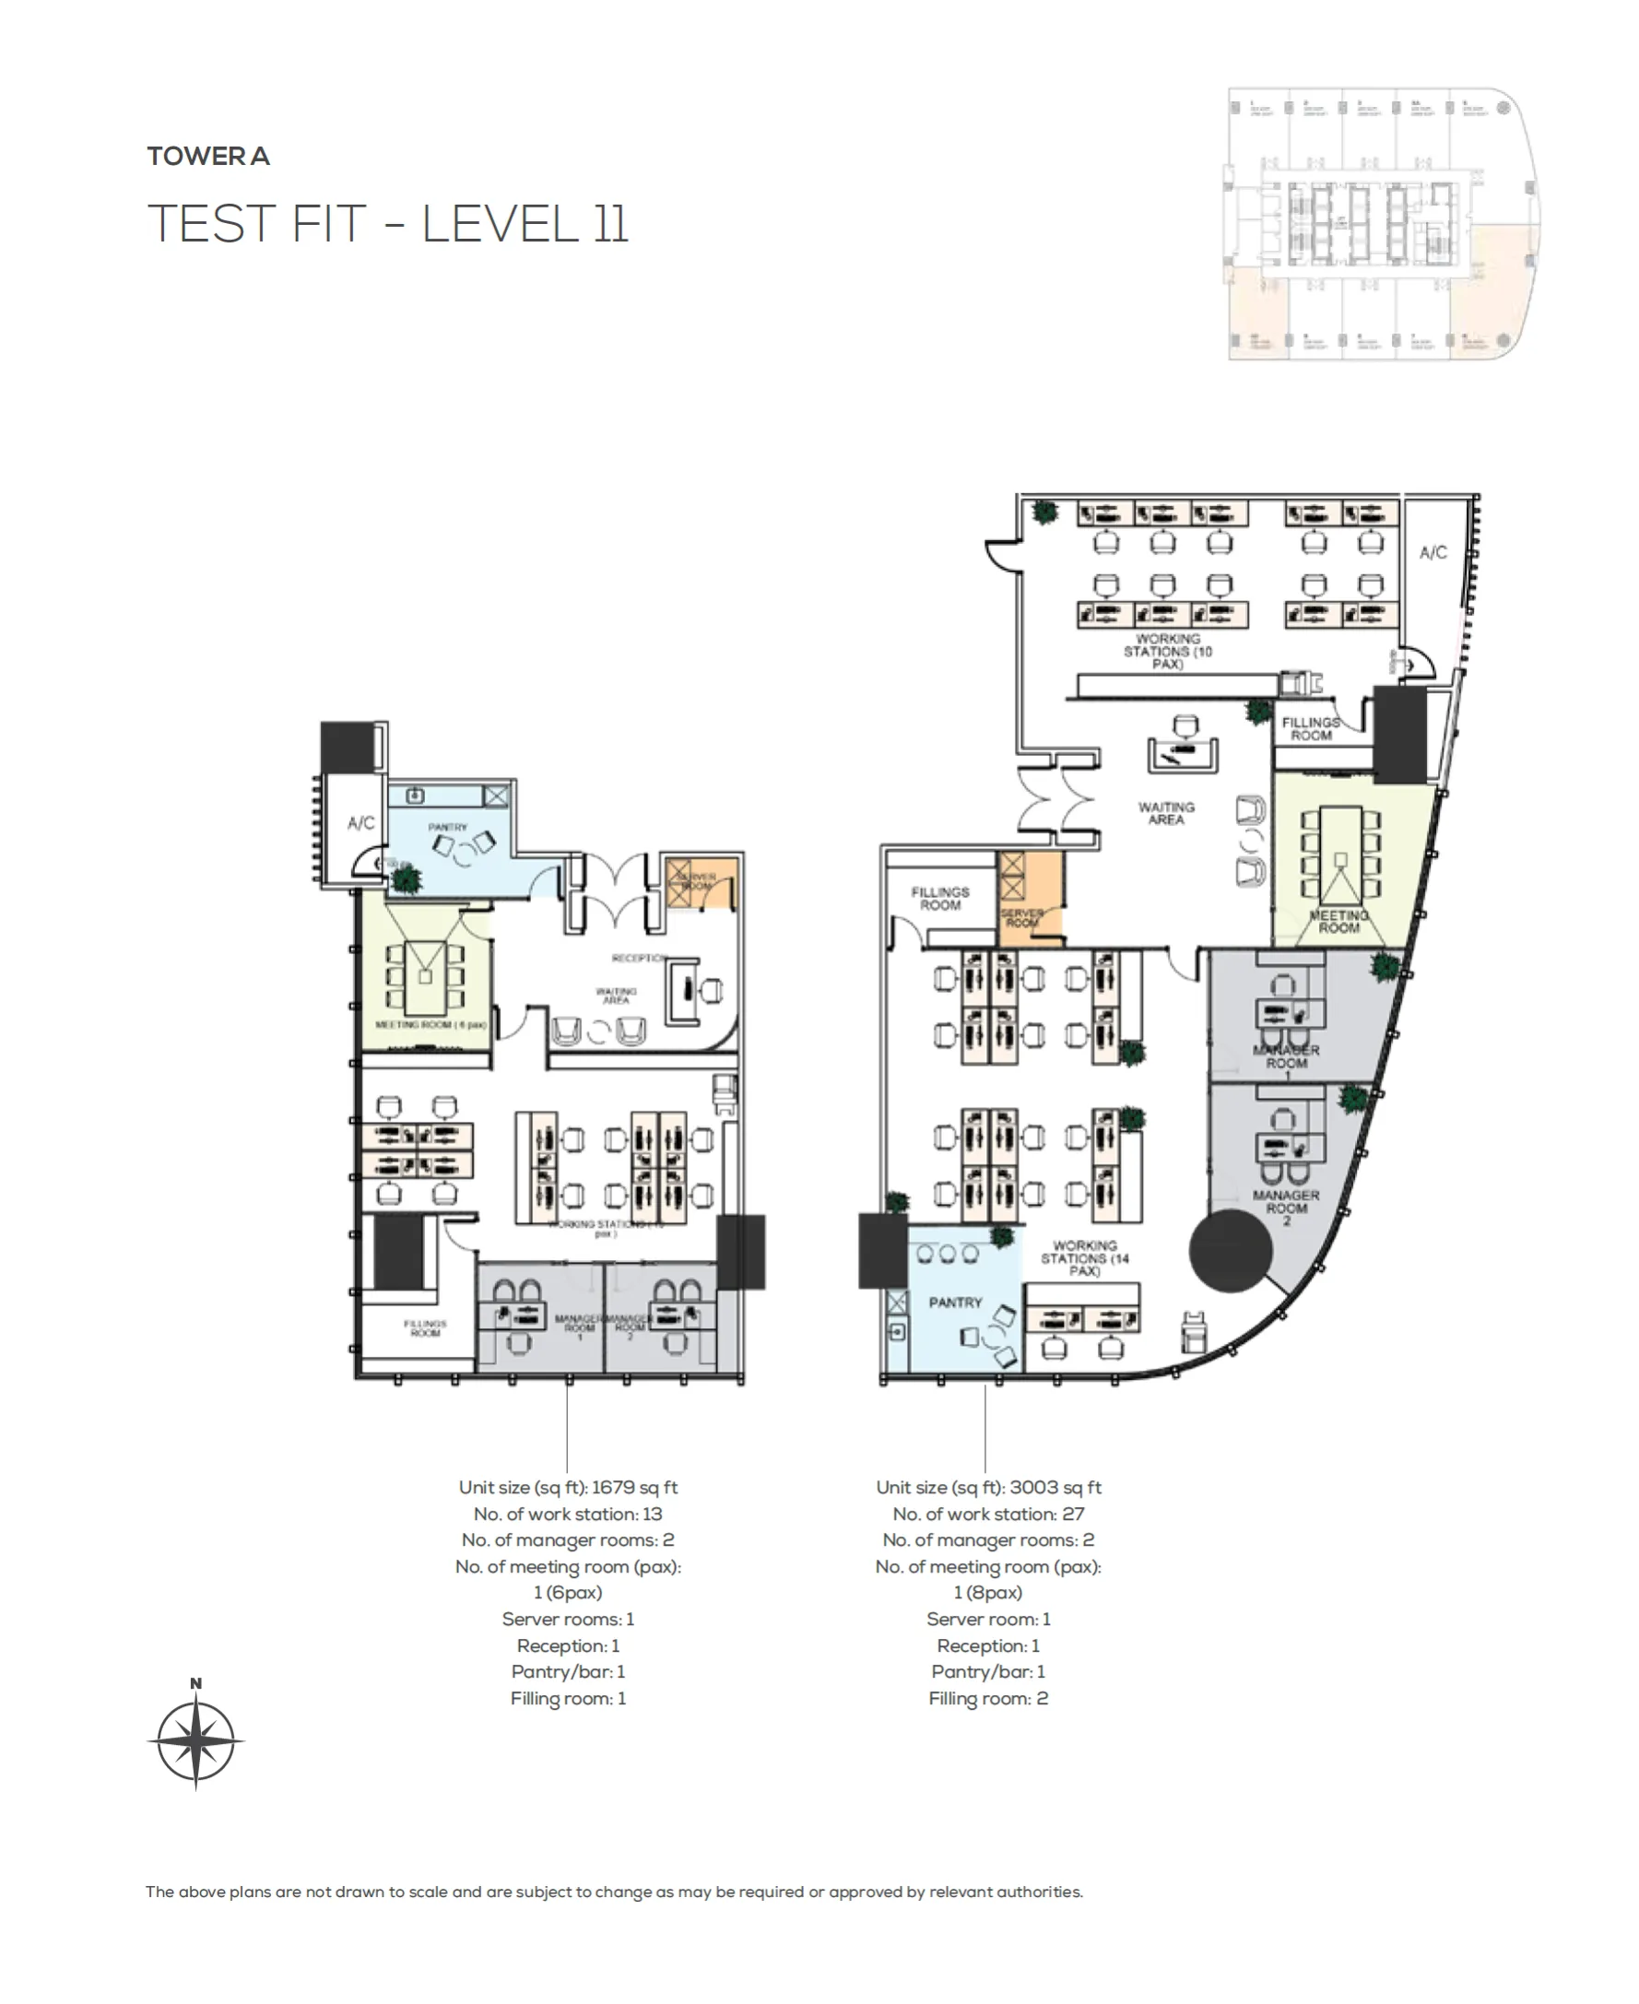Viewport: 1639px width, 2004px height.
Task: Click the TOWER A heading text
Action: pyautogui.click(x=207, y=156)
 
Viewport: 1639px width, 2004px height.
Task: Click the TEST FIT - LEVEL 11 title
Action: pyautogui.click(x=387, y=224)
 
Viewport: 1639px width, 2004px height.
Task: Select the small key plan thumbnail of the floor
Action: pyautogui.click(x=1382, y=224)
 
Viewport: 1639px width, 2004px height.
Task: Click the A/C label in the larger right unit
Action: pyautogui.click(x=1433, y=552)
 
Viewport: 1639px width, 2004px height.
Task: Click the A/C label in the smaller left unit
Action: pyautogui.click(x=360, y=823)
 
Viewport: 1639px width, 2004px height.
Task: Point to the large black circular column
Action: pyautogui.click(x=1231, y=1251)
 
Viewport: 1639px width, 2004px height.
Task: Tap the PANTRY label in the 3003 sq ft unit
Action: pyautogui.click(x=955, y=1303)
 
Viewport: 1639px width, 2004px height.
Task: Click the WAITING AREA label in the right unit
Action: pyautogui.click(x=1166, y=814)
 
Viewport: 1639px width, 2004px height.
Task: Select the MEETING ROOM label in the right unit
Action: pyautogui.click(x=1338, y=921)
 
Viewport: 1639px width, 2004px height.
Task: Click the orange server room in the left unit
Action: pyautogui.click(x=699, y=882)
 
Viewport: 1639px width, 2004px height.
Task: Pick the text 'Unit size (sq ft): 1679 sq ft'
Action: pyautogui.click(x=568, y=1487)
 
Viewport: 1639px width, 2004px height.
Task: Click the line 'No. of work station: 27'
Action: pyautogui.click(x=987, y=1514)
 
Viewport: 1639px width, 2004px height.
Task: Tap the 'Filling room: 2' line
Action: pyautogui.click(x=987, y=1698)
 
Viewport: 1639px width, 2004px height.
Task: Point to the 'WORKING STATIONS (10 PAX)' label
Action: pyautogui.click(x=1167, y=652)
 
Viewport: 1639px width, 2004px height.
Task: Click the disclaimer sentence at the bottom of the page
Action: pyautogui.click(x=614, y=1892)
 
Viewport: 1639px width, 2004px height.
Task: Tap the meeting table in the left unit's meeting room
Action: pyautogui.click(x=425, y=977)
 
